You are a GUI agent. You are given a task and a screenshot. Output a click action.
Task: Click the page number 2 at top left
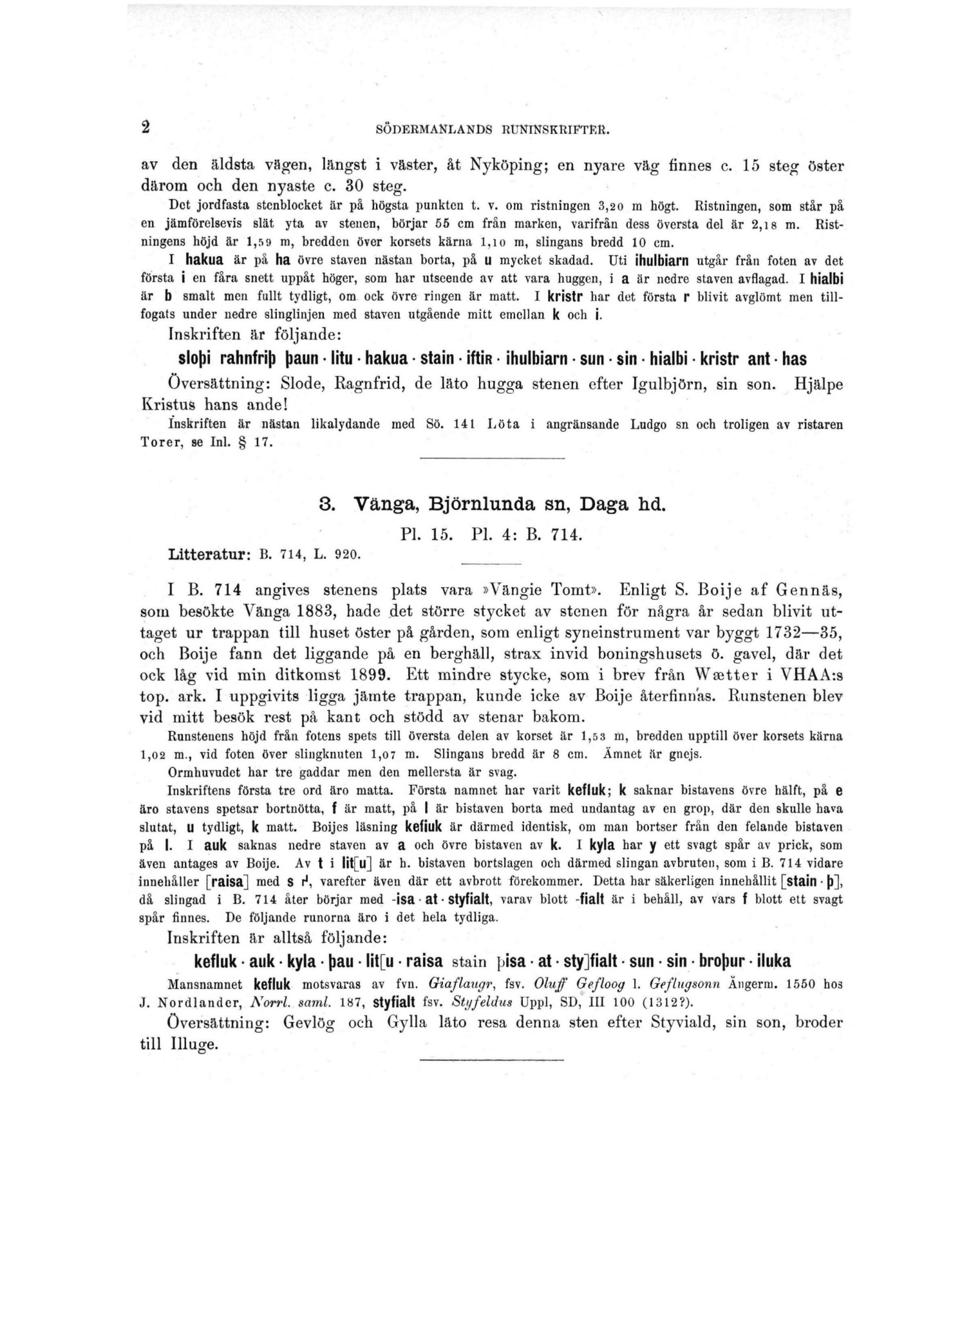146,127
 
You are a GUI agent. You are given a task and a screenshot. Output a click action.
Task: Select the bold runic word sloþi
196,359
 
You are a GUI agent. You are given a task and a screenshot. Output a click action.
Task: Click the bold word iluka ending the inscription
773,962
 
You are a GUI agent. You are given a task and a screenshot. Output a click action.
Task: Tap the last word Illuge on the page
193,1044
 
